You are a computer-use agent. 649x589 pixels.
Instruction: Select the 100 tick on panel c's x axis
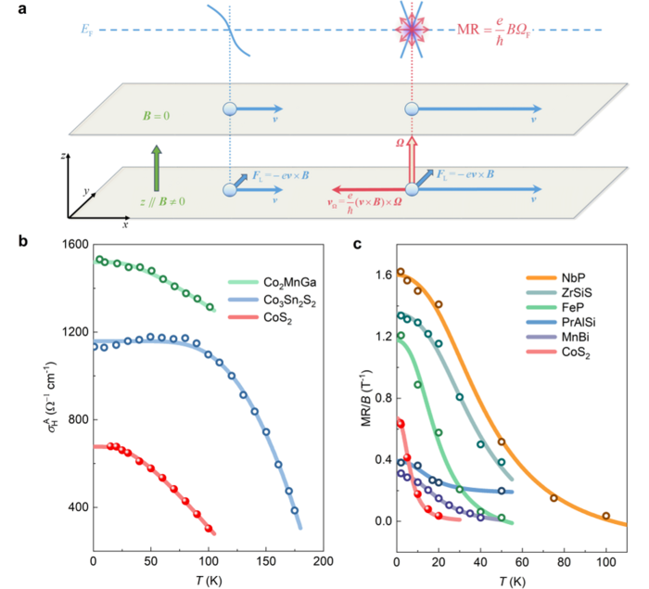click(x=606, y=562)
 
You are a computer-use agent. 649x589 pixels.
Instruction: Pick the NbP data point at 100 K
click(x=606, y=516)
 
